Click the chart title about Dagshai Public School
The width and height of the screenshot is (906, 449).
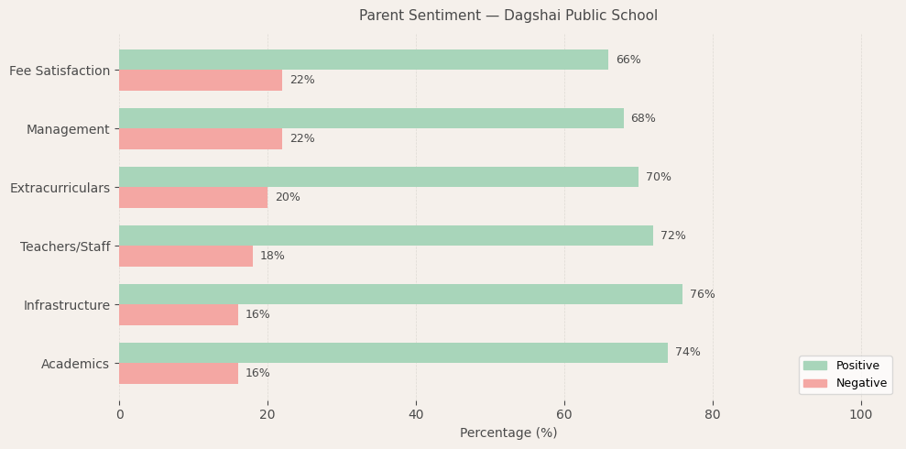pyautogui.click(x=508, y=16)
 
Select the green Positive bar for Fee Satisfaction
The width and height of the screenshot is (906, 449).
pyautogui.click(x=364, y=60)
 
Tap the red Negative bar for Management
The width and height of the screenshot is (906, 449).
pyautogui.click(x=201, y=138)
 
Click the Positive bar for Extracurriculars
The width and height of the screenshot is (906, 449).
pyautogui.click(x=378, y=177)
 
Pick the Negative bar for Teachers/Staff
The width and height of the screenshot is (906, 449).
pyautogui.click(x=186, y=256)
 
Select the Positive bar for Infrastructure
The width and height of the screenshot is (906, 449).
pyautogui.click(x=400, y=294)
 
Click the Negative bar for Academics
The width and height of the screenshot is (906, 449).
pyautogui.click(x=179, y=373)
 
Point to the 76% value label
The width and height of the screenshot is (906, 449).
pyautogui.click(x=702, y=294)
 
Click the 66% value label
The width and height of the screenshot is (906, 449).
pyautogui.click(x=628, y=60)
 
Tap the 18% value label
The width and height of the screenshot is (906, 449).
pyautogui.click(x=272, y=256)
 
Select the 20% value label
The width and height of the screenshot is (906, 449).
pyautogui.click(x=287, y=197)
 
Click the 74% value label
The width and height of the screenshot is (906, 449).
pyautogui.click(x=687, y=353)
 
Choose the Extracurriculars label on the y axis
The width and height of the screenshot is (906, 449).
pyautogui.click(x=60, y=188)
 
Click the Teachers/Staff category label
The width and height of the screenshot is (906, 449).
pyautogui.click(x=65, y=246)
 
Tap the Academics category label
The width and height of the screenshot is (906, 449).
pyautogui.click(x=75, y=364)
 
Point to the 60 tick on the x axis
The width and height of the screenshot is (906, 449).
pyautogui.click(x=564, y=415)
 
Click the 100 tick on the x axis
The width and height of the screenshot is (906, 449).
pyautogui.click(x=860, y=415)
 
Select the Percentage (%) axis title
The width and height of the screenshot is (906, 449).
pyautogui.click(x=508, y=433)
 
